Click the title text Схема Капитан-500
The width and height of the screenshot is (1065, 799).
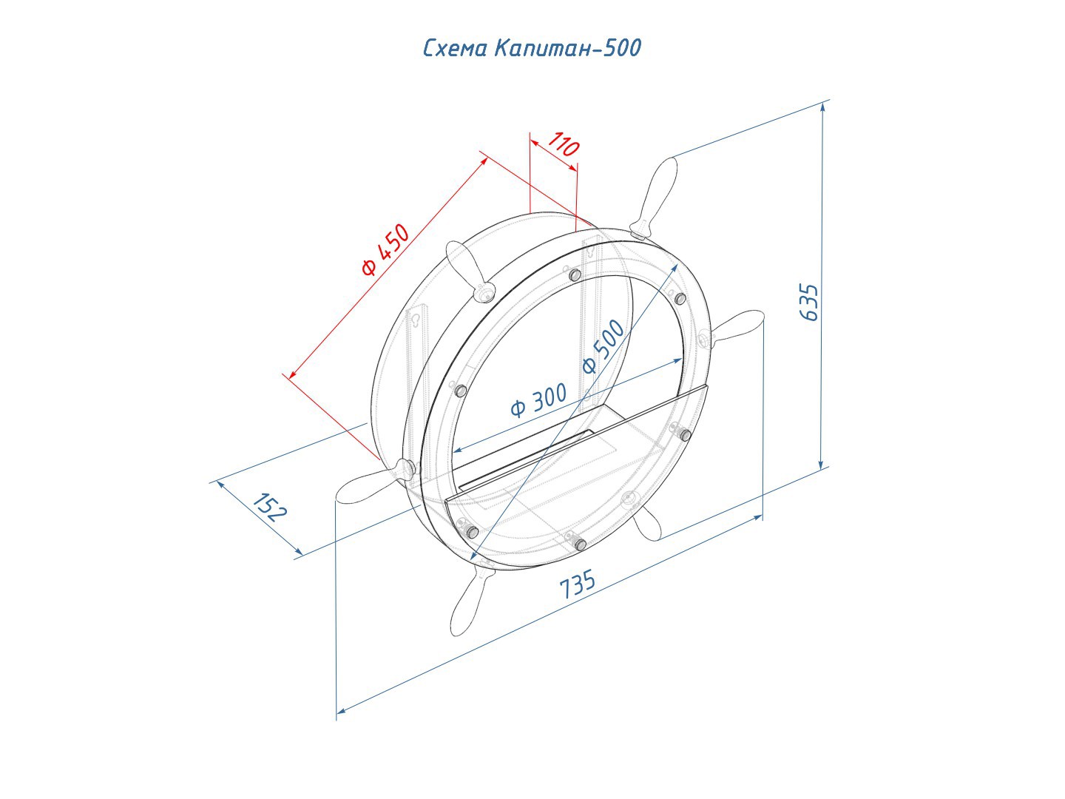pos(532,48)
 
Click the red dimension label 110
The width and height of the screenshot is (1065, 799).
pos(564,144)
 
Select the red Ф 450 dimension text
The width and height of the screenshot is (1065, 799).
pos(386,249)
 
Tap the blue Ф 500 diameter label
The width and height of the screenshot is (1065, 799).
pos(603,347)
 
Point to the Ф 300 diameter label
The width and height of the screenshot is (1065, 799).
pos(538,400)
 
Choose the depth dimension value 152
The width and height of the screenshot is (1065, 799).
pos(270,507)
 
